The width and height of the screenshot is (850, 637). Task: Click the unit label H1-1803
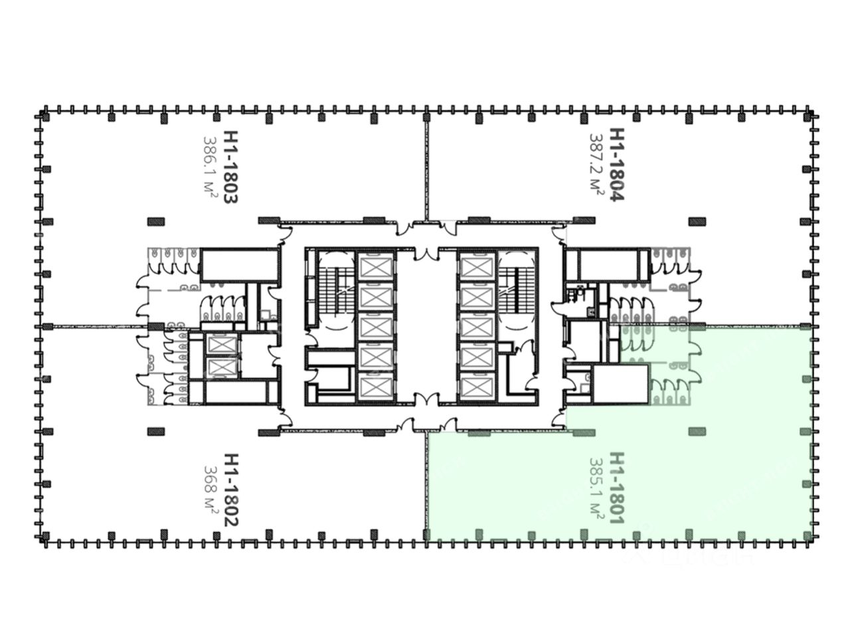coord(229,167)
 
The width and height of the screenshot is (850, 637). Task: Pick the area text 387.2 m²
coord(596,164)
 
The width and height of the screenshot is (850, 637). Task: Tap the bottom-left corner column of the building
coord(44,535)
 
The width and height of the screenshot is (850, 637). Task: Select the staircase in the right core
coord(517,290)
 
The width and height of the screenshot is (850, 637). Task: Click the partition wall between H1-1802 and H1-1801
coord(427,484)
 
